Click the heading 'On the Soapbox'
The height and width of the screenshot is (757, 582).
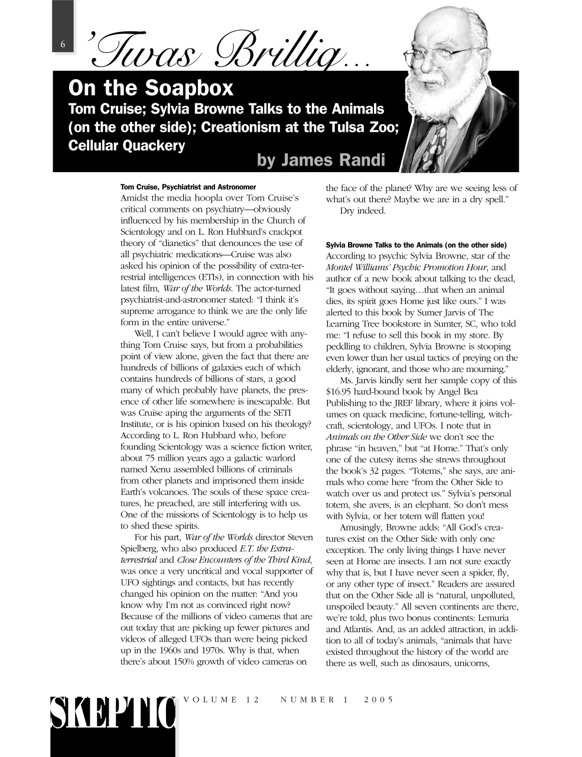151,88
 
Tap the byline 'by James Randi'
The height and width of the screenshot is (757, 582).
321,160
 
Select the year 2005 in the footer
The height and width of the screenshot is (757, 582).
378,699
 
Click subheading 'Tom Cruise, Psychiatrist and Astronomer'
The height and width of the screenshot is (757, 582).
188,186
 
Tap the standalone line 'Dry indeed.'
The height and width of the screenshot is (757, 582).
362,211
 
